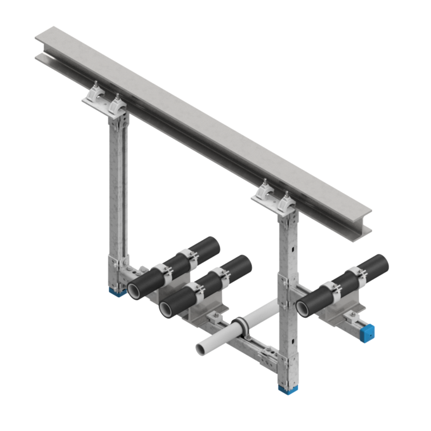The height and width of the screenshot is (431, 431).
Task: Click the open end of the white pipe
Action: [x=202, y=348]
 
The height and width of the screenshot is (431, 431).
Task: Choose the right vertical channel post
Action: [x=288, y=271]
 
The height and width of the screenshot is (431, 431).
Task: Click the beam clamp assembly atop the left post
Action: [x=108, y=99]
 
